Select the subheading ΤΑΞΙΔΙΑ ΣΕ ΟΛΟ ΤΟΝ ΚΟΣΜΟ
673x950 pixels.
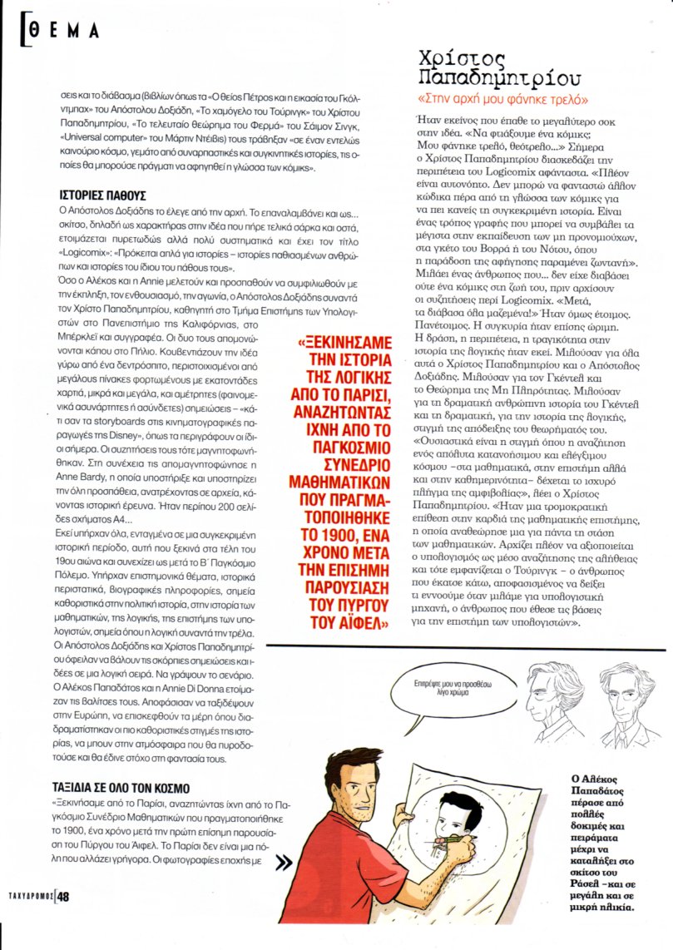(120, 788)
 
